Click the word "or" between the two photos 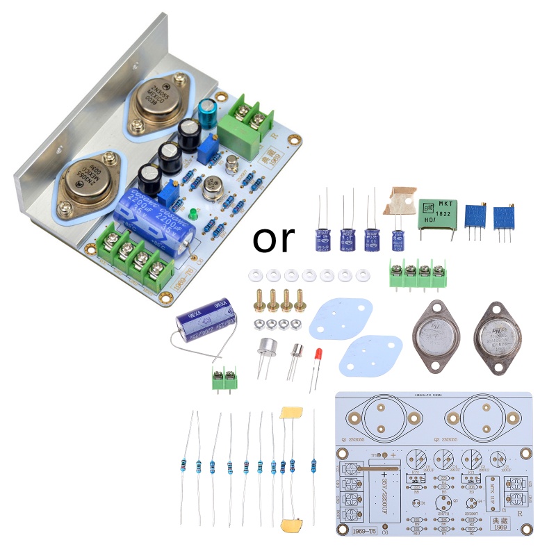274,239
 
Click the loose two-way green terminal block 224,379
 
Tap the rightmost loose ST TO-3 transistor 498,335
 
